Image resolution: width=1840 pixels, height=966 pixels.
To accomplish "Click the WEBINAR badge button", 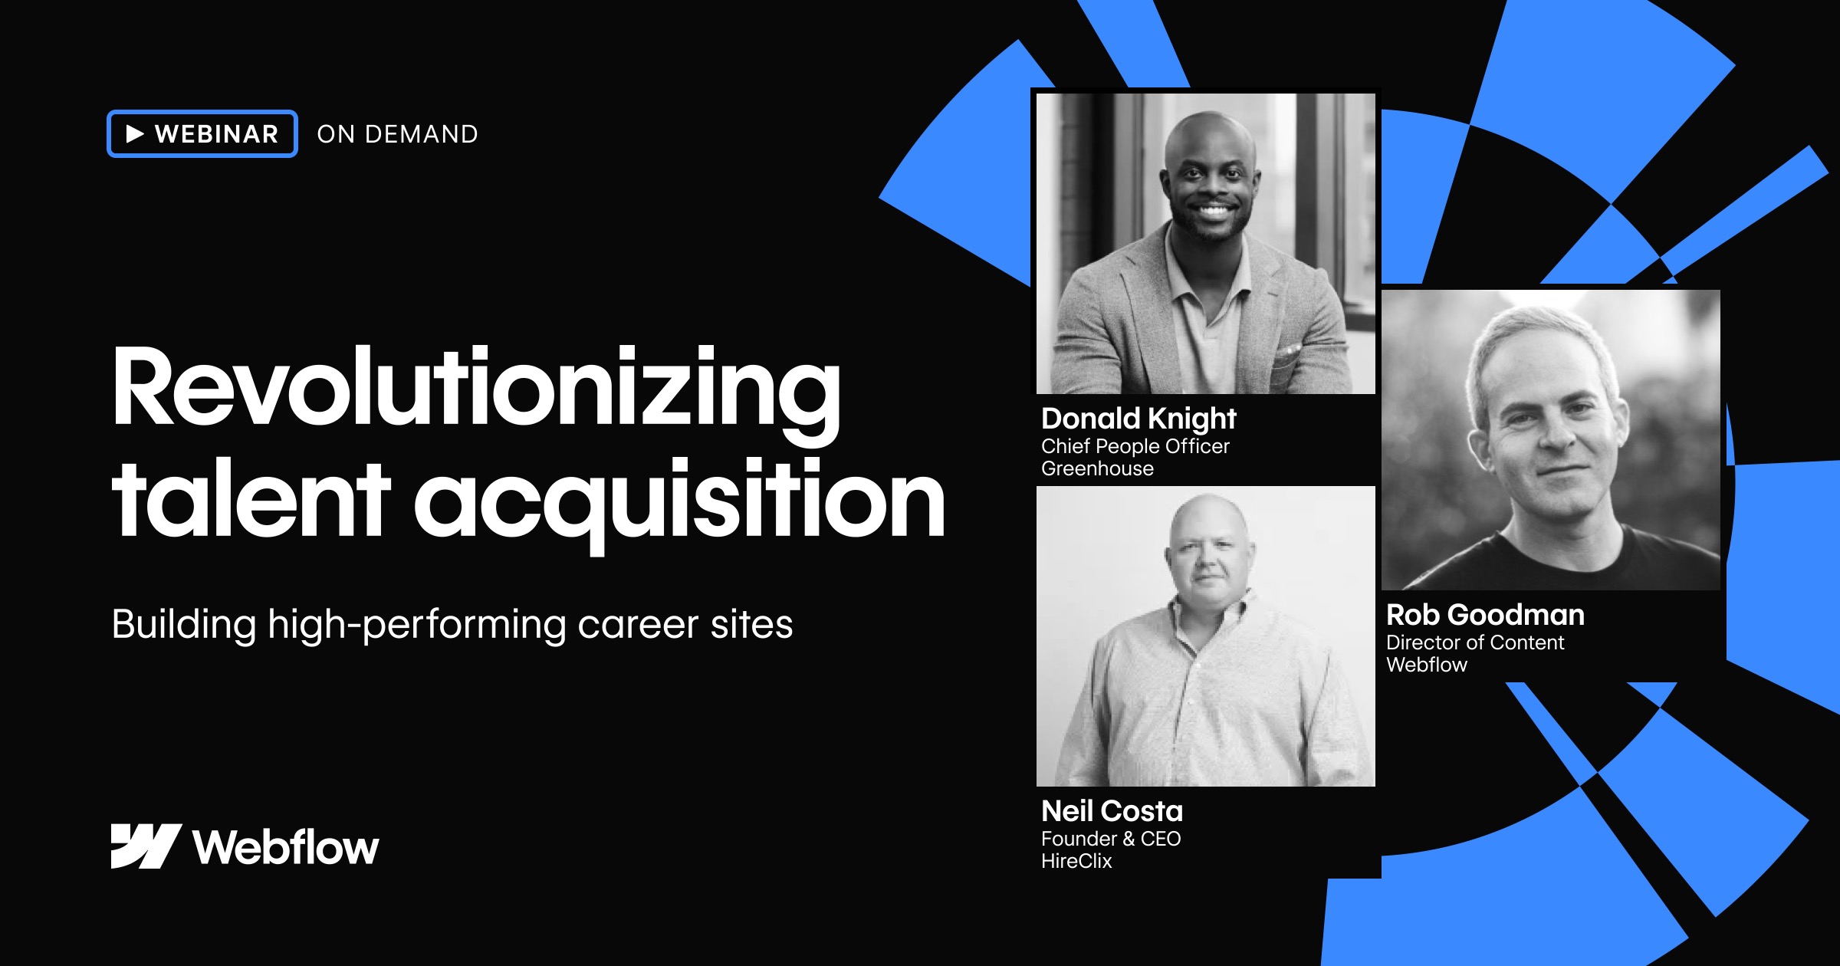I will (202, 134).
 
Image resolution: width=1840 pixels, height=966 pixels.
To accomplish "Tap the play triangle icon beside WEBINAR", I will (135, 134).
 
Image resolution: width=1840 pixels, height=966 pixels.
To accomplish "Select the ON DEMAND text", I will (397, 134).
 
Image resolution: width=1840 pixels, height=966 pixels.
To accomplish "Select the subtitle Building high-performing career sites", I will (452, 624).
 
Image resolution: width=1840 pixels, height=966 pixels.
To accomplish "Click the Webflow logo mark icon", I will (146, 846).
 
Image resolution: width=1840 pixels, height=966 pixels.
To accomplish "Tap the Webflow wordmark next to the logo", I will (286, 848).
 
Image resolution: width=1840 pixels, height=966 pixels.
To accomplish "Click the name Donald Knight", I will (1138, 419).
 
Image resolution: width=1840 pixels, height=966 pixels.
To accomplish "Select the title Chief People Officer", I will (1135, 446).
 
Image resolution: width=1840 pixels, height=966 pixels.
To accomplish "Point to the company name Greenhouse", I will (1097, 468).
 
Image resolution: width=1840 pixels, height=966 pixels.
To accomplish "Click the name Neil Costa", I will (1112, 811).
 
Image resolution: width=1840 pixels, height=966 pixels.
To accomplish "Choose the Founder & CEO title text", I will (1111, 839).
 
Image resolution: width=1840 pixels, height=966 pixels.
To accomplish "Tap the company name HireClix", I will (1076, 861).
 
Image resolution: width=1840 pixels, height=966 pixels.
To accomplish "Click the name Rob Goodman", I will (1485, 615).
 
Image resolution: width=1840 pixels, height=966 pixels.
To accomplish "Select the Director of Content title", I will (1475, 642).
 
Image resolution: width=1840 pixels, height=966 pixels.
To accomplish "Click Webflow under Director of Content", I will (1427, 665).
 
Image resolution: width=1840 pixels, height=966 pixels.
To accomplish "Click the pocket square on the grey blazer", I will (1290, 354).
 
